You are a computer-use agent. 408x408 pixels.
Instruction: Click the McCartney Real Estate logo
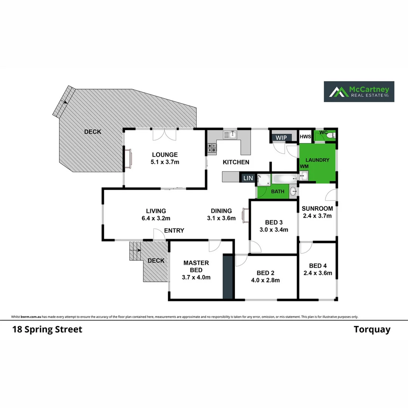point(359,91)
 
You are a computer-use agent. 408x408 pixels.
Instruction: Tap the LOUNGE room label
point(165,155)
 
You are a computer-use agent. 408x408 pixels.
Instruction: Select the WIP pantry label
point(281,138)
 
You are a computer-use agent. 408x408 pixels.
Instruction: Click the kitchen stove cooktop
point(212,148)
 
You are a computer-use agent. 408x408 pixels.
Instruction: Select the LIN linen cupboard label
point(248,178)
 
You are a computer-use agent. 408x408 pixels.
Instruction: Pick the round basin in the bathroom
point(293,192)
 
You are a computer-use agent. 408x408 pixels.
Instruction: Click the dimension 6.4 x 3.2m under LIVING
point(156,218)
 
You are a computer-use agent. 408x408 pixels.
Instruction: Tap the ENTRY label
point(174,230)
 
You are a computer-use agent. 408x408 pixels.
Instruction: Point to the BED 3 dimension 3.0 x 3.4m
point(274,229)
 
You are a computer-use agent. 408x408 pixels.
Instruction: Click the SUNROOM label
point(317,209)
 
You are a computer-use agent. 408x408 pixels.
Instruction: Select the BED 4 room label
point(317,266)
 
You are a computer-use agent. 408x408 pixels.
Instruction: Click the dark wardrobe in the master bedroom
point(228,277)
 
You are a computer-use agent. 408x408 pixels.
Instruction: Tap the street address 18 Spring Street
point(47,329)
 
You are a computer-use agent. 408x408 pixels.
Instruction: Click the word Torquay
point(372,329)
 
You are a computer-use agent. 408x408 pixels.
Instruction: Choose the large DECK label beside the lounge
point(93,131)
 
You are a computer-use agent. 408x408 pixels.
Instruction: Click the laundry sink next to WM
point(304,175)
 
